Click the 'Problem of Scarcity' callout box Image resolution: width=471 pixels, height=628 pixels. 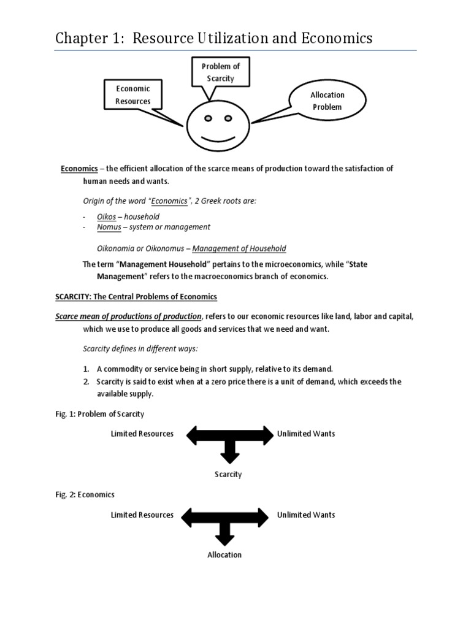213,72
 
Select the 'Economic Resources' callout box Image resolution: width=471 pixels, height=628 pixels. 133,94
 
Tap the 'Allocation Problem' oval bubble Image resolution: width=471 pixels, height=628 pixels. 327,101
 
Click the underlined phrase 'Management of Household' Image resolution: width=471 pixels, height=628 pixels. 239,248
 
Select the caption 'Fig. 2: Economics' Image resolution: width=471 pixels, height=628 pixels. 85,494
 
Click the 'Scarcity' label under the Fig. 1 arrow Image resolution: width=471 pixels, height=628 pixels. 228,474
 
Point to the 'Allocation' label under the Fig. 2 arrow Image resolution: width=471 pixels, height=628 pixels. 224,555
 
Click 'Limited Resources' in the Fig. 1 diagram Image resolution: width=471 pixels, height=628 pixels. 142,434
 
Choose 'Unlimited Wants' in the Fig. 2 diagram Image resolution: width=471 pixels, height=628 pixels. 306,515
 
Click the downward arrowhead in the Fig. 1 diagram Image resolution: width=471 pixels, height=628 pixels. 229,457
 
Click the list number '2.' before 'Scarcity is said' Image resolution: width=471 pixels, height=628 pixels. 86,381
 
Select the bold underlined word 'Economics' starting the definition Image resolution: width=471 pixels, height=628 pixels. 79,169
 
